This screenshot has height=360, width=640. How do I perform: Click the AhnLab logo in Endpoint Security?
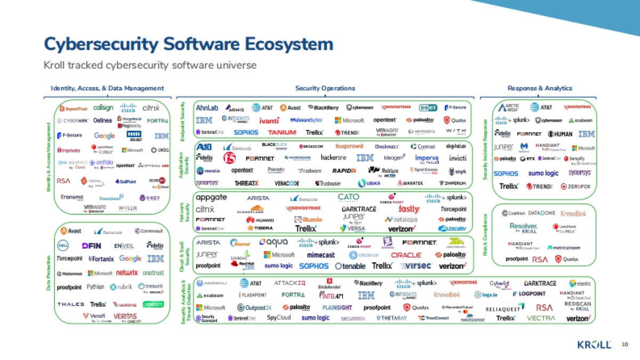(x=206, y=107)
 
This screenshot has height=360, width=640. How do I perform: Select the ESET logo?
(x=428, y=107)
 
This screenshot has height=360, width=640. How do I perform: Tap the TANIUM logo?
(x=283, y=132)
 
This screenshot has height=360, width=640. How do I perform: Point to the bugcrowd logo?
(x=349, y=146)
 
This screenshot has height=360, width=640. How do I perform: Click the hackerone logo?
(x=334, y=158)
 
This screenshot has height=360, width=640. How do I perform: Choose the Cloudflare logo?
(x=250, y=210)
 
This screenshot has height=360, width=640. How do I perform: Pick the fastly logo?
(x=409, y=209)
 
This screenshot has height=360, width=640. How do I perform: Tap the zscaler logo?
(x=452, y=229)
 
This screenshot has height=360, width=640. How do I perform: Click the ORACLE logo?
(x=406, y=255)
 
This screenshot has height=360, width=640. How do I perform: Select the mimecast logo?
(x=321, y=255)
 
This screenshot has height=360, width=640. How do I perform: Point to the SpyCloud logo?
(x=279, y=318)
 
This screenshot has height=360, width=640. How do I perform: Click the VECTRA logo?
(x=541, y=318)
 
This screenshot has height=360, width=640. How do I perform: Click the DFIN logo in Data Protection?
(x=91, y=245)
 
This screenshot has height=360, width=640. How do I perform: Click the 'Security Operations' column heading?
(x=325, y=89)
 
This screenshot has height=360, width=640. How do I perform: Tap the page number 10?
(x=625, y=345)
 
